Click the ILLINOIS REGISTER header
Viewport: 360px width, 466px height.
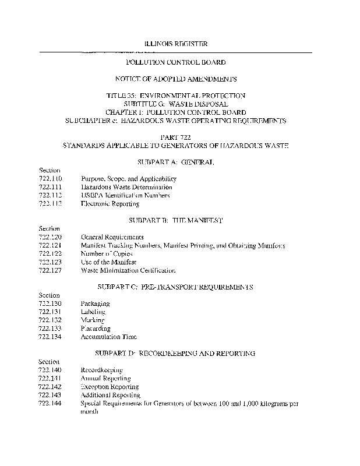tap(175, 44)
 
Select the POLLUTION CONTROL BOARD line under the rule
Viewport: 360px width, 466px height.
tap(175, 62)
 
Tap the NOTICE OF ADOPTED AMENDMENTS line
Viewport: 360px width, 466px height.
tap(175, 78)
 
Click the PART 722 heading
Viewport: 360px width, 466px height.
tap(175, 136)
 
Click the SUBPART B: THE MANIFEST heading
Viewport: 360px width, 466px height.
tap(175, 221)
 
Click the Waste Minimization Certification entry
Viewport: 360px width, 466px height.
tap(128, 271)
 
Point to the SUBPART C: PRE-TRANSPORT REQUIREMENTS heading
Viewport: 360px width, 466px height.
tap(175, 287)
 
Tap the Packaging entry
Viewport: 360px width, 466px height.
tap(95, 303)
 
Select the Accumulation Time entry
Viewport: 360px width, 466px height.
tap(109, 337)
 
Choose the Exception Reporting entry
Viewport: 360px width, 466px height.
tap(110, 387)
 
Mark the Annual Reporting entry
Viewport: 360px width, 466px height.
tap(105, 379)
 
